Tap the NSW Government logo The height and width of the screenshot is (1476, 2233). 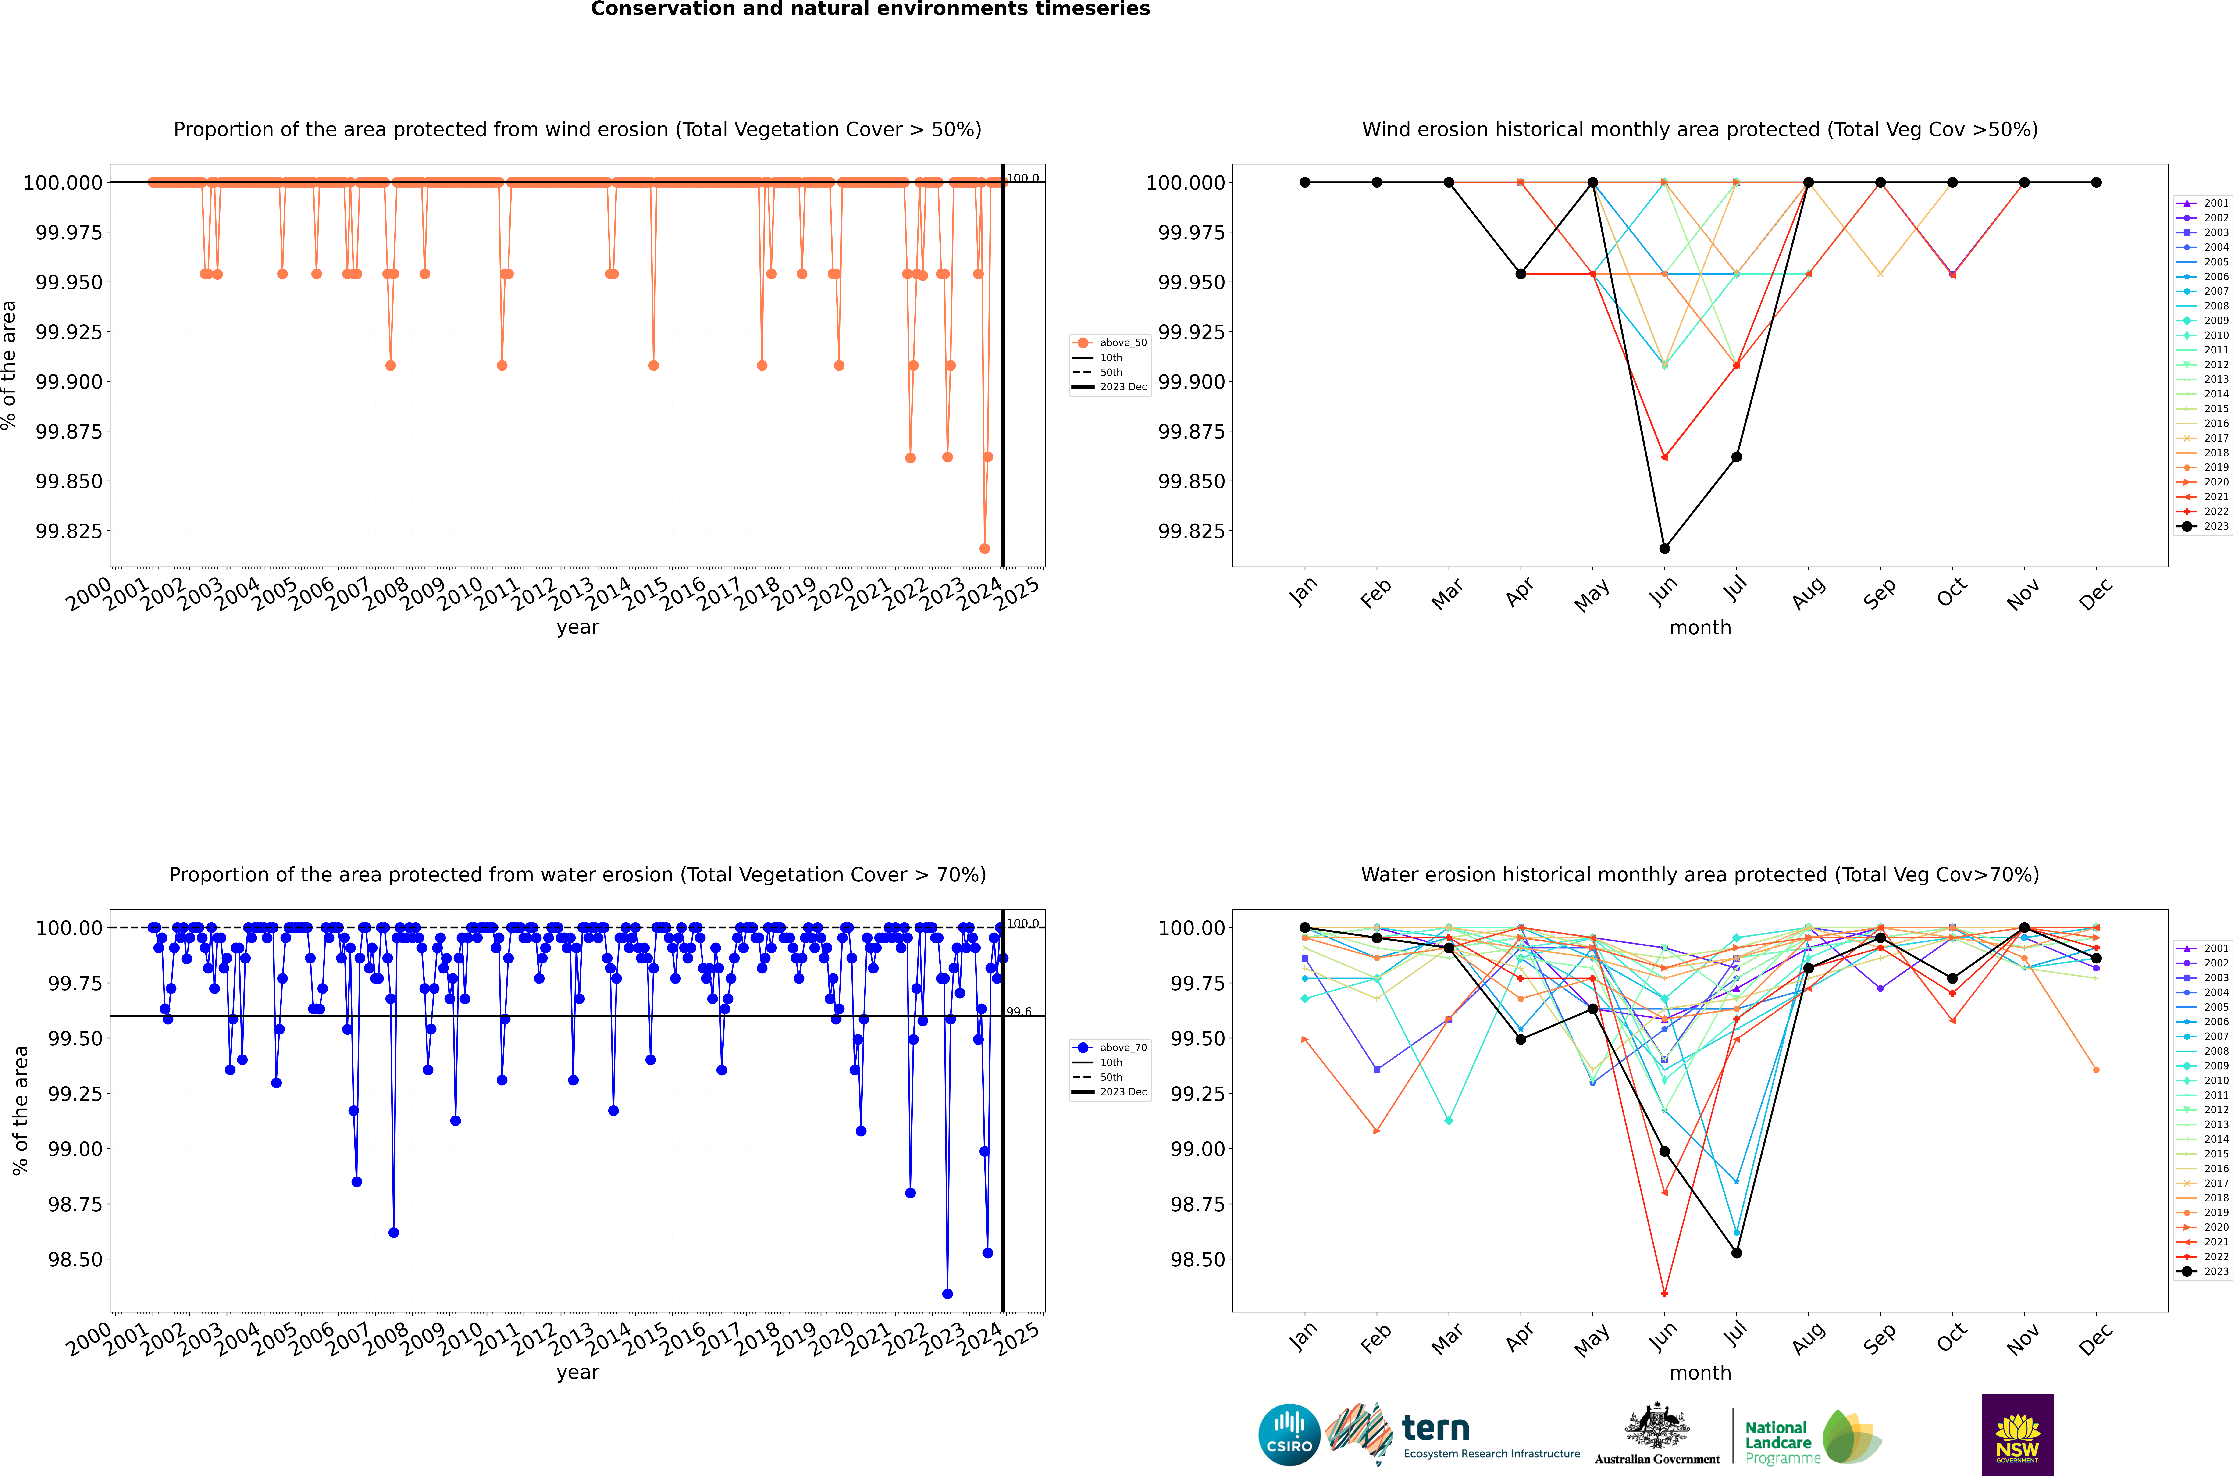tap(2018, 1435)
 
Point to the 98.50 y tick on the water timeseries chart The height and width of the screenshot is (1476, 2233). tap(75, 1259)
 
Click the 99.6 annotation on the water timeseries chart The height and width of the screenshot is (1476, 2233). tap(1019, 1012)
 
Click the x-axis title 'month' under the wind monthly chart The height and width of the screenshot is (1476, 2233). tap(1699, 628)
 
